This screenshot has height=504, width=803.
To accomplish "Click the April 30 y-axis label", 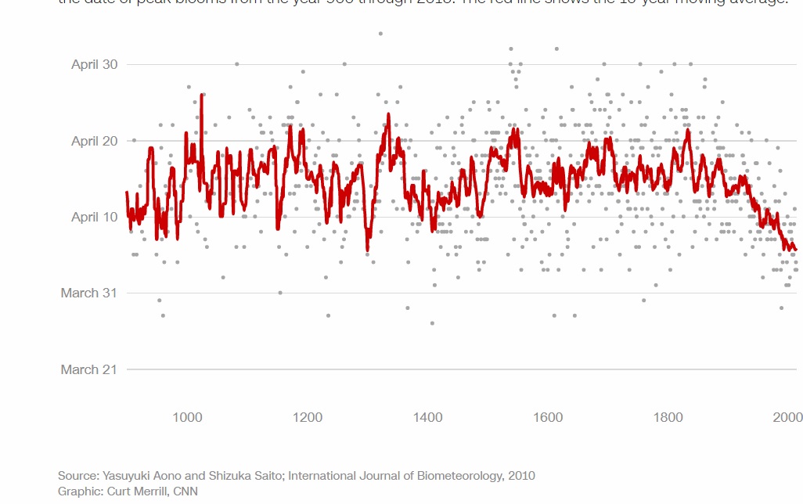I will [94, 64].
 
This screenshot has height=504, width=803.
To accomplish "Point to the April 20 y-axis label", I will [94, 141].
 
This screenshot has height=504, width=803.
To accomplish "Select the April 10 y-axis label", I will [94, 217].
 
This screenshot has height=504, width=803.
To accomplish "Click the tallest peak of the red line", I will [202, 95].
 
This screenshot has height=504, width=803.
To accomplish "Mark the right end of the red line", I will [796, 250].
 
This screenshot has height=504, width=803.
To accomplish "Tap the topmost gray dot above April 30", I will [380, 34].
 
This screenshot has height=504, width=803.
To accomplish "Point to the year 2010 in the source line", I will [521, 476].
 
